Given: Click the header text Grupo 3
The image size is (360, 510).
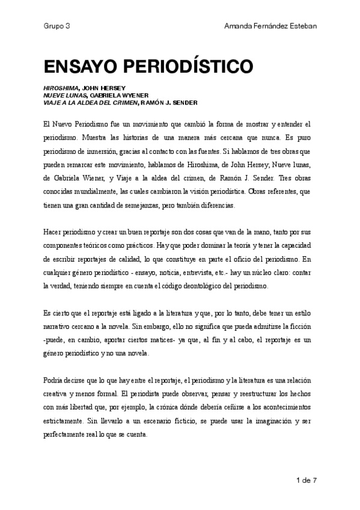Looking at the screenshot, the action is pos(56,26).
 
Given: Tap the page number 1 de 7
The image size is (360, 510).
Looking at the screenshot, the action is pos(307,479).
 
